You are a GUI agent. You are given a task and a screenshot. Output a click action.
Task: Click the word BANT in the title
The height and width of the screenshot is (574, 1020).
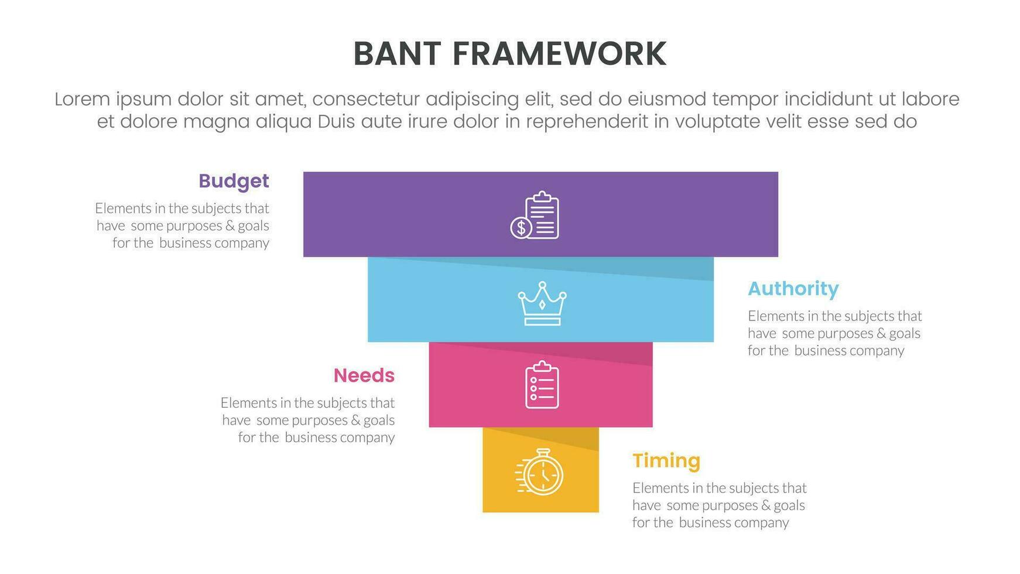pyautogui.click(x=397, y=54)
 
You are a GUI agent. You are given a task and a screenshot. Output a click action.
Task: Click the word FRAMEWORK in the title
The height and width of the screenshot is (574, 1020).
pyautogui.click(x=559, y=54)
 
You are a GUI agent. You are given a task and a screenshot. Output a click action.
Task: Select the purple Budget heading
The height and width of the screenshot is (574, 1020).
pyautogui.click(x=234, y=181)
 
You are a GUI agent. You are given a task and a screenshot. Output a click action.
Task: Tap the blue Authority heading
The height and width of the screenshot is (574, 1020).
pyautogui.click(x=793, y=289)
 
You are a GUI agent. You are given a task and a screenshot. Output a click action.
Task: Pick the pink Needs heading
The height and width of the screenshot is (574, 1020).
pyautogui.click(x=364, y=375)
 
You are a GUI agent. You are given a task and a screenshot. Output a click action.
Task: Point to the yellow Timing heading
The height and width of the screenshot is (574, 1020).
pyautogui.click(x=666, y=461)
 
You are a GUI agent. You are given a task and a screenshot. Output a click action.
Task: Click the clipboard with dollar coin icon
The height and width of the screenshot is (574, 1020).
pyautogui.click(x=535, y=215)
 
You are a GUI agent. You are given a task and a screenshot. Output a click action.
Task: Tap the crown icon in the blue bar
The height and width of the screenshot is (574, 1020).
pyautogui.click(x=542, y=303)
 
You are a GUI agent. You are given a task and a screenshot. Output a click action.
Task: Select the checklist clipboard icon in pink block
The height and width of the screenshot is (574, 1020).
pyautogui.click(x=542, y=384)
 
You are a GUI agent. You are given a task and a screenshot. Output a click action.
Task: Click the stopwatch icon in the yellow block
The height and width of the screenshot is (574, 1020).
pyautogui.click(x=540, y=472)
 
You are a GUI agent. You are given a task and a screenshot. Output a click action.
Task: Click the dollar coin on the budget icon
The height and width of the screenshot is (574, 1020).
pyautogui.click(x=521, y=227)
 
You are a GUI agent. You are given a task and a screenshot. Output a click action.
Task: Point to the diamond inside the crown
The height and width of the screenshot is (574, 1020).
pyautogui.click(x=542, y=305)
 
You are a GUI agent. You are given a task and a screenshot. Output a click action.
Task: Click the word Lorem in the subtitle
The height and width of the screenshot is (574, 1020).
pyautogui.click(x=82, y=99)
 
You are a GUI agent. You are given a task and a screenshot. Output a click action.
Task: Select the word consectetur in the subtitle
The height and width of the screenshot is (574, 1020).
pyautogui.click(x=365, y=99)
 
